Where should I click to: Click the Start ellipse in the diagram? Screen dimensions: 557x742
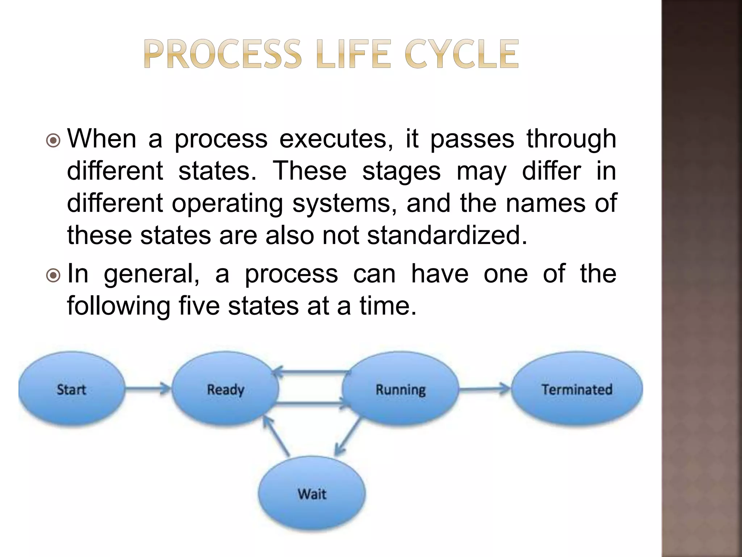tap(71, 389)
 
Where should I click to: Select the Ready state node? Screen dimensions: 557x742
tap(225, 389)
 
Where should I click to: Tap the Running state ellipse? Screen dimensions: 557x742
tap(400, 389)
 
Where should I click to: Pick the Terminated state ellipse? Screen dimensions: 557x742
tap(577, 389)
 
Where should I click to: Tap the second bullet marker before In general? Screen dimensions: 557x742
tap(53, 275)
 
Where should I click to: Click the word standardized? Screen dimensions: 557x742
tap(447, 235)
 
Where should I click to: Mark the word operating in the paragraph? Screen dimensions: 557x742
tap(227, 203)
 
